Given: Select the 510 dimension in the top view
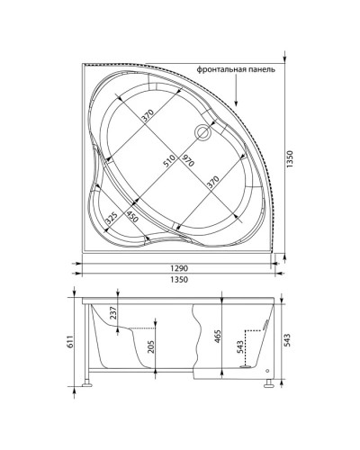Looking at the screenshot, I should click(x=165, y=163).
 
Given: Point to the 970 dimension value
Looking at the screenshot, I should click(x=187, y=163).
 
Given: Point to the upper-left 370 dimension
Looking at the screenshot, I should click(x=147, y=116).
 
